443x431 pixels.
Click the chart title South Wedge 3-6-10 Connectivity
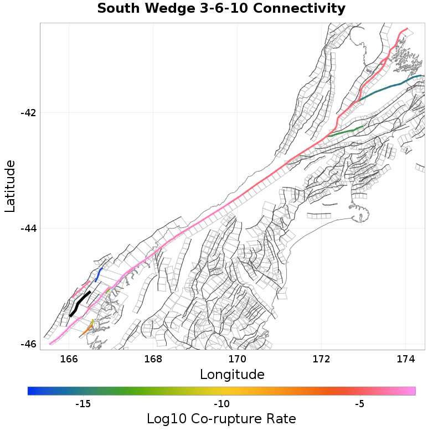(x=221, y=9)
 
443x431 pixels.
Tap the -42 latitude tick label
(x=28, y=113)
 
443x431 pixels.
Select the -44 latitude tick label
(x=28, y=229)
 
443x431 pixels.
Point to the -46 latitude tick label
(x=28, y=344)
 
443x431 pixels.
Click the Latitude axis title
(x=10, y=186)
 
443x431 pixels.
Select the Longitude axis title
(x=232, y=375)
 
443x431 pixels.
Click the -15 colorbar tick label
(x=83, y=404)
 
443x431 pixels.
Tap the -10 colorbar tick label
(x=221, y=404)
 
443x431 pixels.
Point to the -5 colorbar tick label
(x=360, y=404)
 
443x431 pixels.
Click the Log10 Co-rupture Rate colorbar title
(x=221, y=419)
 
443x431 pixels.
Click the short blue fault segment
(x=99, y=274)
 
